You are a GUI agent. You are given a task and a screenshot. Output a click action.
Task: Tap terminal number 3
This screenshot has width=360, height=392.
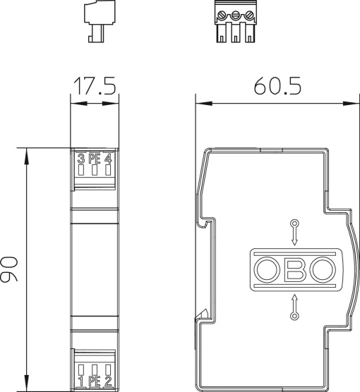coord(81,159)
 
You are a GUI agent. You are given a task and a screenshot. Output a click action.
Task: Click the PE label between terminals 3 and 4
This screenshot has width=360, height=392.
coord(95,159)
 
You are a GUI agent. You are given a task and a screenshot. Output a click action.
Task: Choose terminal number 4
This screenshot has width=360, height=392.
coord(108,159)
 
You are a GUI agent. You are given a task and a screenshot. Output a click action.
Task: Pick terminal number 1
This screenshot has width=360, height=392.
coord(81,381)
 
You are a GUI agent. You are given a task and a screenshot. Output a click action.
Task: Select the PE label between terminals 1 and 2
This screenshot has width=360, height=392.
coord(95,381)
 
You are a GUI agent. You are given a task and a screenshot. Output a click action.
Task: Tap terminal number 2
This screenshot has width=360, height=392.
coord(108,381)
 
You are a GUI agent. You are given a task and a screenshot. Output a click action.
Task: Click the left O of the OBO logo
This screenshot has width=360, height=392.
coord(267,269)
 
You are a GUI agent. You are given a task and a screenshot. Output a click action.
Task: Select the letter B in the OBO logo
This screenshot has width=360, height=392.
coord(294,269)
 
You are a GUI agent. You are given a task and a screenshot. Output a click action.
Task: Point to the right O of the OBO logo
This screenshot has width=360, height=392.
coord(321,269)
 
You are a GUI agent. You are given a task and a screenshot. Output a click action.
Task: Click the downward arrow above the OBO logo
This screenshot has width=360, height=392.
coord(294,232)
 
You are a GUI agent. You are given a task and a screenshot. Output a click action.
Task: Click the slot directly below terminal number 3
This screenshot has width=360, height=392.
coord(81,170)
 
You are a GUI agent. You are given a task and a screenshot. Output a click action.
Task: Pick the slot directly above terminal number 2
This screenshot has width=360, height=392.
coord(108,369)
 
